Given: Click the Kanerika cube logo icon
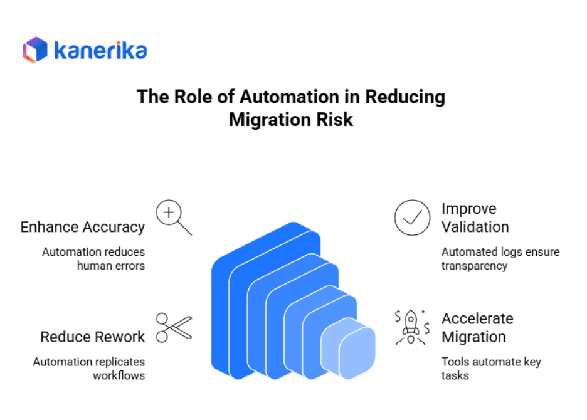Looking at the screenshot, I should (x=35, y=50).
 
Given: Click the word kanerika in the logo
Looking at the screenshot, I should (x=100, y=50).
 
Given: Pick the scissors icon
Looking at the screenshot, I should (x=173, y=327).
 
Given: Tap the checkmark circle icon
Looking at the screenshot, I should (x=412, y=218).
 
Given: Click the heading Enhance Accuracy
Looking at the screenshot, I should (x=83, y=227).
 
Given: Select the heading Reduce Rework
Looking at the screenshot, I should (x=93, y=337).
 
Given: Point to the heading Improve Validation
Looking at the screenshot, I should (x=475, y=218).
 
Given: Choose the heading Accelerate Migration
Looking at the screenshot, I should (x=477, y=327).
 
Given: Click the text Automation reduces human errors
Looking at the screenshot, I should (x=93, y=258).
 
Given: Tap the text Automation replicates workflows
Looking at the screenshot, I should (x=89, y=369).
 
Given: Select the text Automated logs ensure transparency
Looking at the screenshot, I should (x=500, y=258).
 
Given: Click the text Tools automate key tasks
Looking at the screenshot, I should (x=490, y=369).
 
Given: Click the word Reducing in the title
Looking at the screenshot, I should (x=405, y=97).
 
